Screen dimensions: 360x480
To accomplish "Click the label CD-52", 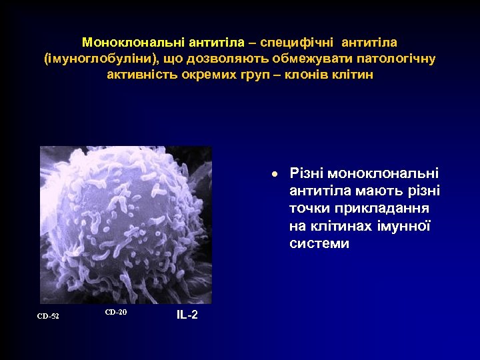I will coord(48,315).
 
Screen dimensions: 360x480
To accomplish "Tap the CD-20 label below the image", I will coord(115,312).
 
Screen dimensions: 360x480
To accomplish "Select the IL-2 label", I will coord(187,315).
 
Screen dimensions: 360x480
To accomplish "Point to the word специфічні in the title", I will coord(299,42).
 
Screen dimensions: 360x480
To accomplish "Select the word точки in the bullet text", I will coord(309,209).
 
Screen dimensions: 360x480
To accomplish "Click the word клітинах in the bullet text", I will coord(340,226).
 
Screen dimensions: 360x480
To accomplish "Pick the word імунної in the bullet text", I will coord(407,226).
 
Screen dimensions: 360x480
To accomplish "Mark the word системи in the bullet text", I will coord(319,243).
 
